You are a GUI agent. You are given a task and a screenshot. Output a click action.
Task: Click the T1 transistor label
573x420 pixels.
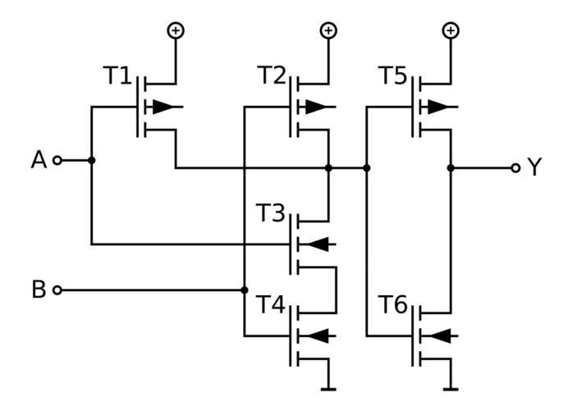tap(117, 76)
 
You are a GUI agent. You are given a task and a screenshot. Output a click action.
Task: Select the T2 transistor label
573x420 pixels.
tap(272, 76)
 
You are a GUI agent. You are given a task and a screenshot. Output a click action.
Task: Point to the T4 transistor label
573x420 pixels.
tap(271, 306)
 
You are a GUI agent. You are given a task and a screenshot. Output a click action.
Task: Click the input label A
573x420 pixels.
tap(39, 160)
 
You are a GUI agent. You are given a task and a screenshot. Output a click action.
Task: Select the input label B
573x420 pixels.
tap(39, 290)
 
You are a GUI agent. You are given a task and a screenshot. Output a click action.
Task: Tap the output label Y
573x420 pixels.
tap(534, 168)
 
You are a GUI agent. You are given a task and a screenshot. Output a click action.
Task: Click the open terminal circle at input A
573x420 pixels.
tap(57, 160)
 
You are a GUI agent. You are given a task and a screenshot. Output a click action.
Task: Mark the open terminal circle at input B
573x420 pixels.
tap(57, 290)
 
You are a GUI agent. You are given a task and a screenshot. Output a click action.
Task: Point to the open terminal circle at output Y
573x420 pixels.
tap(516, 168)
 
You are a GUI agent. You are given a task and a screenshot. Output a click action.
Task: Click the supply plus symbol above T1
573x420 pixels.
tap(176, 30)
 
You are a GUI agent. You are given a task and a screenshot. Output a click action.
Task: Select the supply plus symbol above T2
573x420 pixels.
tap(328, 30)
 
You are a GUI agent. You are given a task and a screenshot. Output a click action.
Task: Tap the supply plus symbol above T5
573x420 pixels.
tap(450, 30)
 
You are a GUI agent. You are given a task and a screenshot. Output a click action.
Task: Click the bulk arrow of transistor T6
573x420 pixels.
tap(442, 335)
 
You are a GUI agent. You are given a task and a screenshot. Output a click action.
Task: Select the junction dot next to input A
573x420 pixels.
tap(91, 160)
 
